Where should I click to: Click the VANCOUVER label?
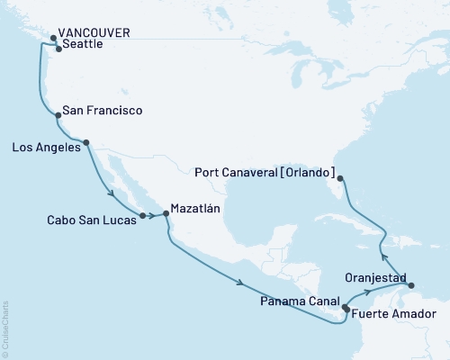[x=96, y=32]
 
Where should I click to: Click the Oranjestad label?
[x=376, y=277]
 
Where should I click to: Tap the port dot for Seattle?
[x=58, y=49]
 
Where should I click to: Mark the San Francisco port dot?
[x=58, y=115]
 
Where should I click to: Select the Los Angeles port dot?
[x=86, y=142]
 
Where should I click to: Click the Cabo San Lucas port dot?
[x=142, y=215]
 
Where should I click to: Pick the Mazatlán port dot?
[x=166, y=214]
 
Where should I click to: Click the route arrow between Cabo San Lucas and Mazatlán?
[x=153, y=216]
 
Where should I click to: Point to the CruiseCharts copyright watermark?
[x=4, y=328]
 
